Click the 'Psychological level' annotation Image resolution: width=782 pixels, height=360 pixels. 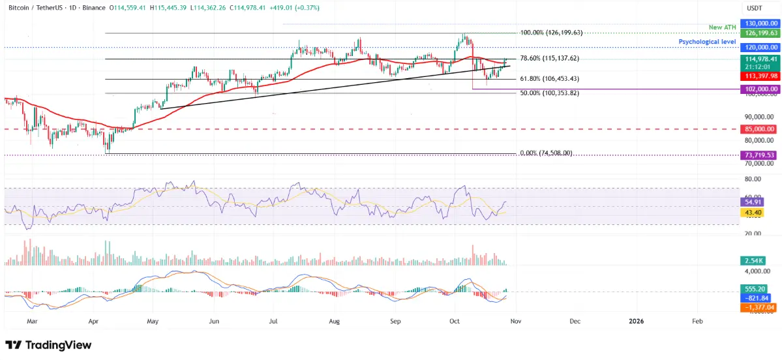point(707,41)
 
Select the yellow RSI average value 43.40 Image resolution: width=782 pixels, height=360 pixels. point(753,213)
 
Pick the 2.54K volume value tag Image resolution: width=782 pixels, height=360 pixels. point(753,261)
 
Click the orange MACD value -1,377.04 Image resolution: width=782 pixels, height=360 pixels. point(757,306)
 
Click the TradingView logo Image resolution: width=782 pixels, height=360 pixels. point(48,345)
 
